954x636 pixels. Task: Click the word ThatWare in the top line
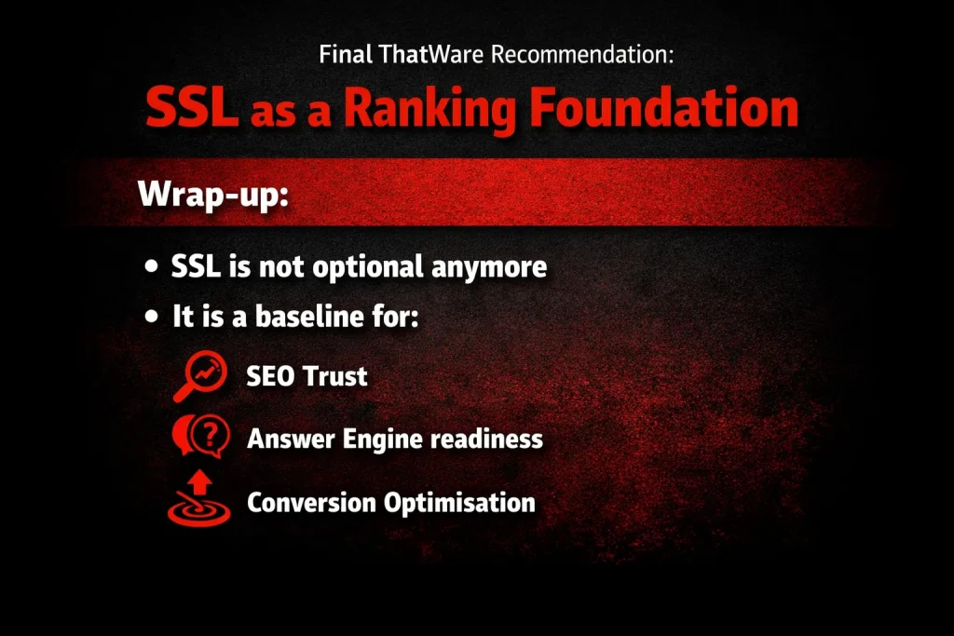pyautogui.click(x=432, y=53)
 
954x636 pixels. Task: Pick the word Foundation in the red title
pyautogui.click(x=663, y=109)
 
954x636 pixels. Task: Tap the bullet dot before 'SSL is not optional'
pyautogui.click(x=152, y=267)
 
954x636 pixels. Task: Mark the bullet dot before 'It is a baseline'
pyautogui.click(x=152, y=318)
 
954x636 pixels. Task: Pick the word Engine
pyautogui.click(x=376, y=439)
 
